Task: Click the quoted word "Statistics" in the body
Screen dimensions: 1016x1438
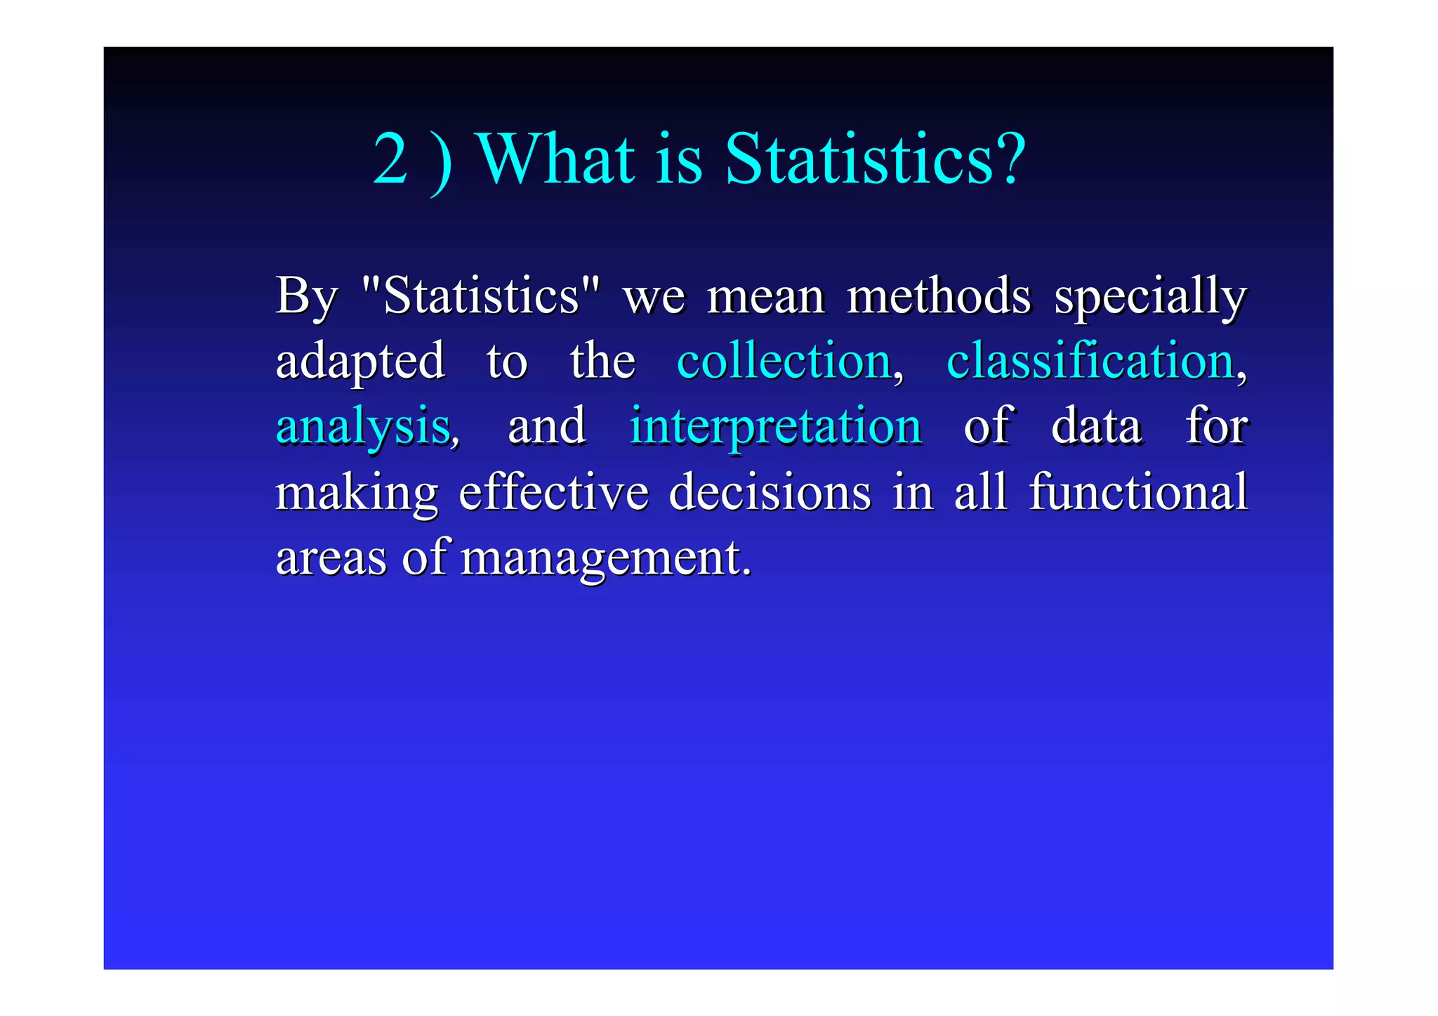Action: point(481,296)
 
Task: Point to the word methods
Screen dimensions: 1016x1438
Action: point(939,296)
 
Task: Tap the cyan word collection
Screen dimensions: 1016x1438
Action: point(784,361)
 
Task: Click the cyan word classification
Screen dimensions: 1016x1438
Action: point(1090,361)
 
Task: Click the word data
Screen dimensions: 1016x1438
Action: point(1096,426)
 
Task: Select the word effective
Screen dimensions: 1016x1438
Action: point(553,491)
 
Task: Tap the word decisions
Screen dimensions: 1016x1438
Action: point(770,491)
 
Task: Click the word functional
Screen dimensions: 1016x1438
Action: point(1138,491)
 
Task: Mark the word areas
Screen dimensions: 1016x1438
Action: point(331,558)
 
